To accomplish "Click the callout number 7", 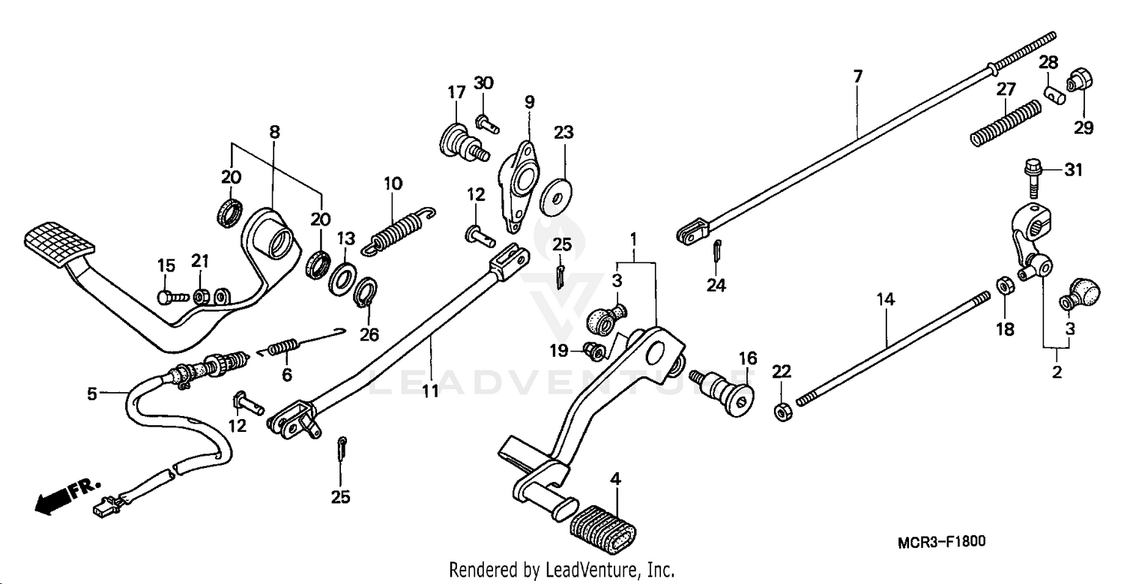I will click(x=857, y=76).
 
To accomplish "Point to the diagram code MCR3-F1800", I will click(x=943, y=541).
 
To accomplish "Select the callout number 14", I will click(x=886, y=300).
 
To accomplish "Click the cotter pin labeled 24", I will click(x=716, y=250).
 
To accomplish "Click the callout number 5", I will click(x=92, y=394).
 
